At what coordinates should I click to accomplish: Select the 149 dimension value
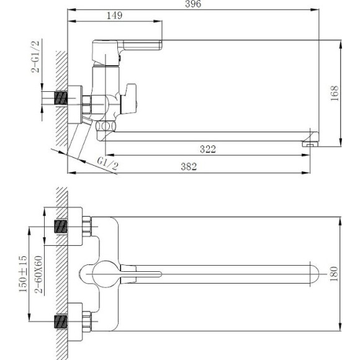click(114, 16)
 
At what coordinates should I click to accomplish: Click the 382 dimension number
click(188, 166)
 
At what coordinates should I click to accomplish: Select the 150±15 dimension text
click(23, 274)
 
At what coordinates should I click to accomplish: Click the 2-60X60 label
click(38, 274)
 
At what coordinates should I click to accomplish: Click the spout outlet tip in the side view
click(308, 143)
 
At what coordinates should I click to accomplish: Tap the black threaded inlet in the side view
click(61, 99)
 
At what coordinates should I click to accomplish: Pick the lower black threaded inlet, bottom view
click(61, 322)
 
